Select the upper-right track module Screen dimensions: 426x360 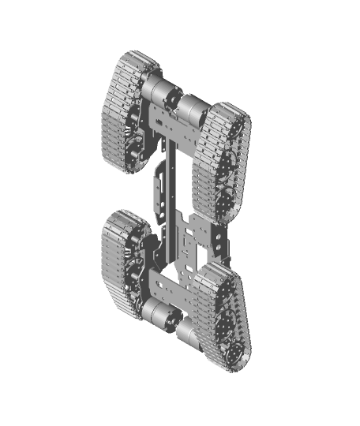223,158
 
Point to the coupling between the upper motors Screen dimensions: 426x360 174,100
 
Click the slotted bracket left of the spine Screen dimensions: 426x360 158,181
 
